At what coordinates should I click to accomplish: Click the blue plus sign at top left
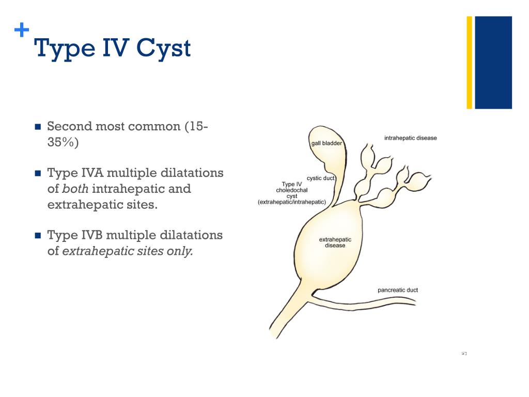[21, 31]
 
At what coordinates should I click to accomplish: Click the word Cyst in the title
[164, 49]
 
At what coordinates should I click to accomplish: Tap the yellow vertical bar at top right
[470, 63]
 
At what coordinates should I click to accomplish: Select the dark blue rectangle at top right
[493, 63]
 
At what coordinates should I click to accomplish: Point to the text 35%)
[63, 142]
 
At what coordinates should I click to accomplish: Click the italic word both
[75, 189]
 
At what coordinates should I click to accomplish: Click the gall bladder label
[326, 143]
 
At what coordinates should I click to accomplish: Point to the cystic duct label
[321, 178]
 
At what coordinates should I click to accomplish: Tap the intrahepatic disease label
[410, 138]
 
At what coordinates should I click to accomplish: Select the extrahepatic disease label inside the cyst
[335, 242]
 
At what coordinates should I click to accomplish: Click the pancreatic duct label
[397, 290]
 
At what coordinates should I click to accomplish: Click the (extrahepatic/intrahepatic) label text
[292, 202]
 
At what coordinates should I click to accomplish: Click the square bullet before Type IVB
[37, 236]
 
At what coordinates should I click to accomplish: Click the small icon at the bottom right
[464, 354]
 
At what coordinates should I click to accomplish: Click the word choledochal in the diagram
[292, 190]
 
